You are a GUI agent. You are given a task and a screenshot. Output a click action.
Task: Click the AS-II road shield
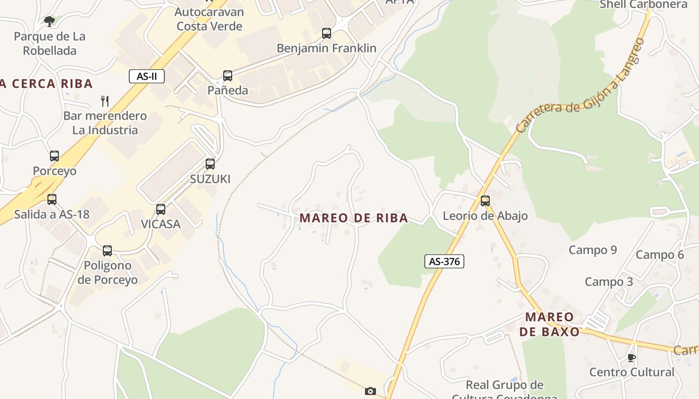[147, 76]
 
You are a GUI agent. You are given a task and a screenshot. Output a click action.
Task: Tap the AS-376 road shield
[444, 261]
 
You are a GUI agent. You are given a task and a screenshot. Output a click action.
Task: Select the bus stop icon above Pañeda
[228, 76]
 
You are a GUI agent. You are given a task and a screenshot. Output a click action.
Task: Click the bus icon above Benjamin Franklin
[327, 33]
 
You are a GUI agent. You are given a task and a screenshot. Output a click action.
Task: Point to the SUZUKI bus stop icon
[210, 164]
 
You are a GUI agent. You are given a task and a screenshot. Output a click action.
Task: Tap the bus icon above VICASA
[161, 209]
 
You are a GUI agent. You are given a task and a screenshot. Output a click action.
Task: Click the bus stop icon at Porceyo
[54, 156]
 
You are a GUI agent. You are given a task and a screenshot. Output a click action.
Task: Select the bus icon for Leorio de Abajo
[485, 201]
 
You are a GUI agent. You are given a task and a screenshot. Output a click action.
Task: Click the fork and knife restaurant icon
[105, 101]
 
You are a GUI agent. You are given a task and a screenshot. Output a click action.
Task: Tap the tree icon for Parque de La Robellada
[49, 21]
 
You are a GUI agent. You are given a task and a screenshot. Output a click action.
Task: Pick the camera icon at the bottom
[370, 391]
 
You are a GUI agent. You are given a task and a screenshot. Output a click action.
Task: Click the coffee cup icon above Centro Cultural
[632, 358]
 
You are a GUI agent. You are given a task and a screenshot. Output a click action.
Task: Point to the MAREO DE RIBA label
[353, 218]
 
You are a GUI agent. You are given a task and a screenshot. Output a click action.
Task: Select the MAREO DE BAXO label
[550, 324]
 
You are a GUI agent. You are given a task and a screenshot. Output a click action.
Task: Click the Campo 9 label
[593, 250]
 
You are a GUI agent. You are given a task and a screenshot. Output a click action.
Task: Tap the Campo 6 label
[660, 255]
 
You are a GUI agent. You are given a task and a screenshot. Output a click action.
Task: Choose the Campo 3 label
[609, 282]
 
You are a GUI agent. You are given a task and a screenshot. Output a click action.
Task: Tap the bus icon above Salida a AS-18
[52, 199]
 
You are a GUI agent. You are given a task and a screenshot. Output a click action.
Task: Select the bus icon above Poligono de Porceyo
[107, 251]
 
